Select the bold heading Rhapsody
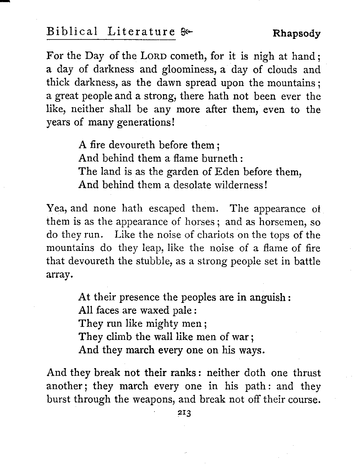[297, 33]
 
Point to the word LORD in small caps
[155, 56]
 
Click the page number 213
[183, 414]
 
